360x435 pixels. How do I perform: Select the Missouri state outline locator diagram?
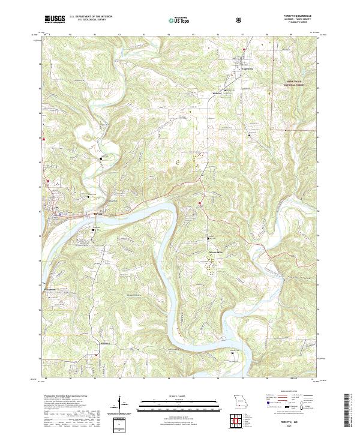coord(239,401)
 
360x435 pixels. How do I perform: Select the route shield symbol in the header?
coord(241,20)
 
